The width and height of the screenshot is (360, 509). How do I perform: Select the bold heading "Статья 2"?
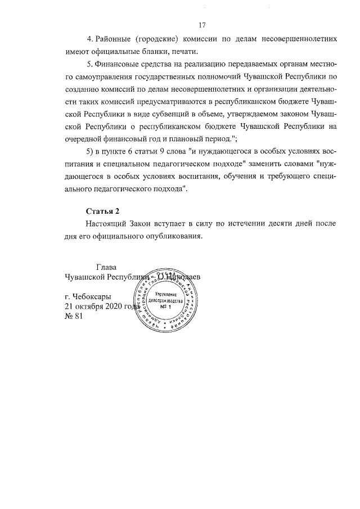pyautogui.click(x=103, y=211)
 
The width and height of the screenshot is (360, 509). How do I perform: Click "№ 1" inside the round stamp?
pyautogui.click(x=165, y=307)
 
